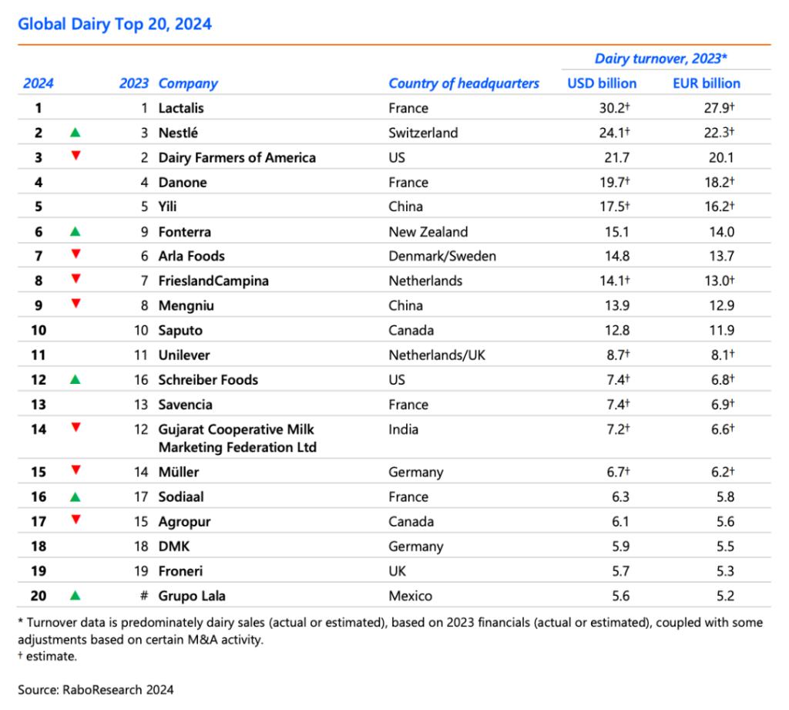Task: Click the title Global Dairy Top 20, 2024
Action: click(x=115, y=24)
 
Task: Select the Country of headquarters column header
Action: click(x=463, y=83)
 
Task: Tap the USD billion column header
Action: click(x=602, y=83)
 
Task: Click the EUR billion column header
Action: click(x=707, y=83)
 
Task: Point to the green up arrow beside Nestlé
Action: click(x=75, y=133)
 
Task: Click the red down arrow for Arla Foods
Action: click(x=76, y=254)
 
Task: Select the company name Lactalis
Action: click(x=181, y=108)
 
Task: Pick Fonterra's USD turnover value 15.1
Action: click(x=617, y=231)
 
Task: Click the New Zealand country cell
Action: click(x=428, y=231)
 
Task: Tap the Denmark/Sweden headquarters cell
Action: click(x=442, y=256)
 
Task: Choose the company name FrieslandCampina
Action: click(x=213, y=281)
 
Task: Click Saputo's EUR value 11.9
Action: click(x=721, y=330)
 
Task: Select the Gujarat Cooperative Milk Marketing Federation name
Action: click(x=237, y=438)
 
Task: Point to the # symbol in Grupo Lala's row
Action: click(x=144, y=596)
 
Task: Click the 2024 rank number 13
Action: click(x=39, y=405)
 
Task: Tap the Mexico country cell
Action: click(x=410, y=596)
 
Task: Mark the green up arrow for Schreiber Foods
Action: click(x=75, y=379)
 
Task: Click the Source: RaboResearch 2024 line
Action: click(x=96, y=689)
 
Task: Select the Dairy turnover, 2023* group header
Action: click(x=660, y=59)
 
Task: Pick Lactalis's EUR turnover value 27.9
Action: click(x=719, y=108)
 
